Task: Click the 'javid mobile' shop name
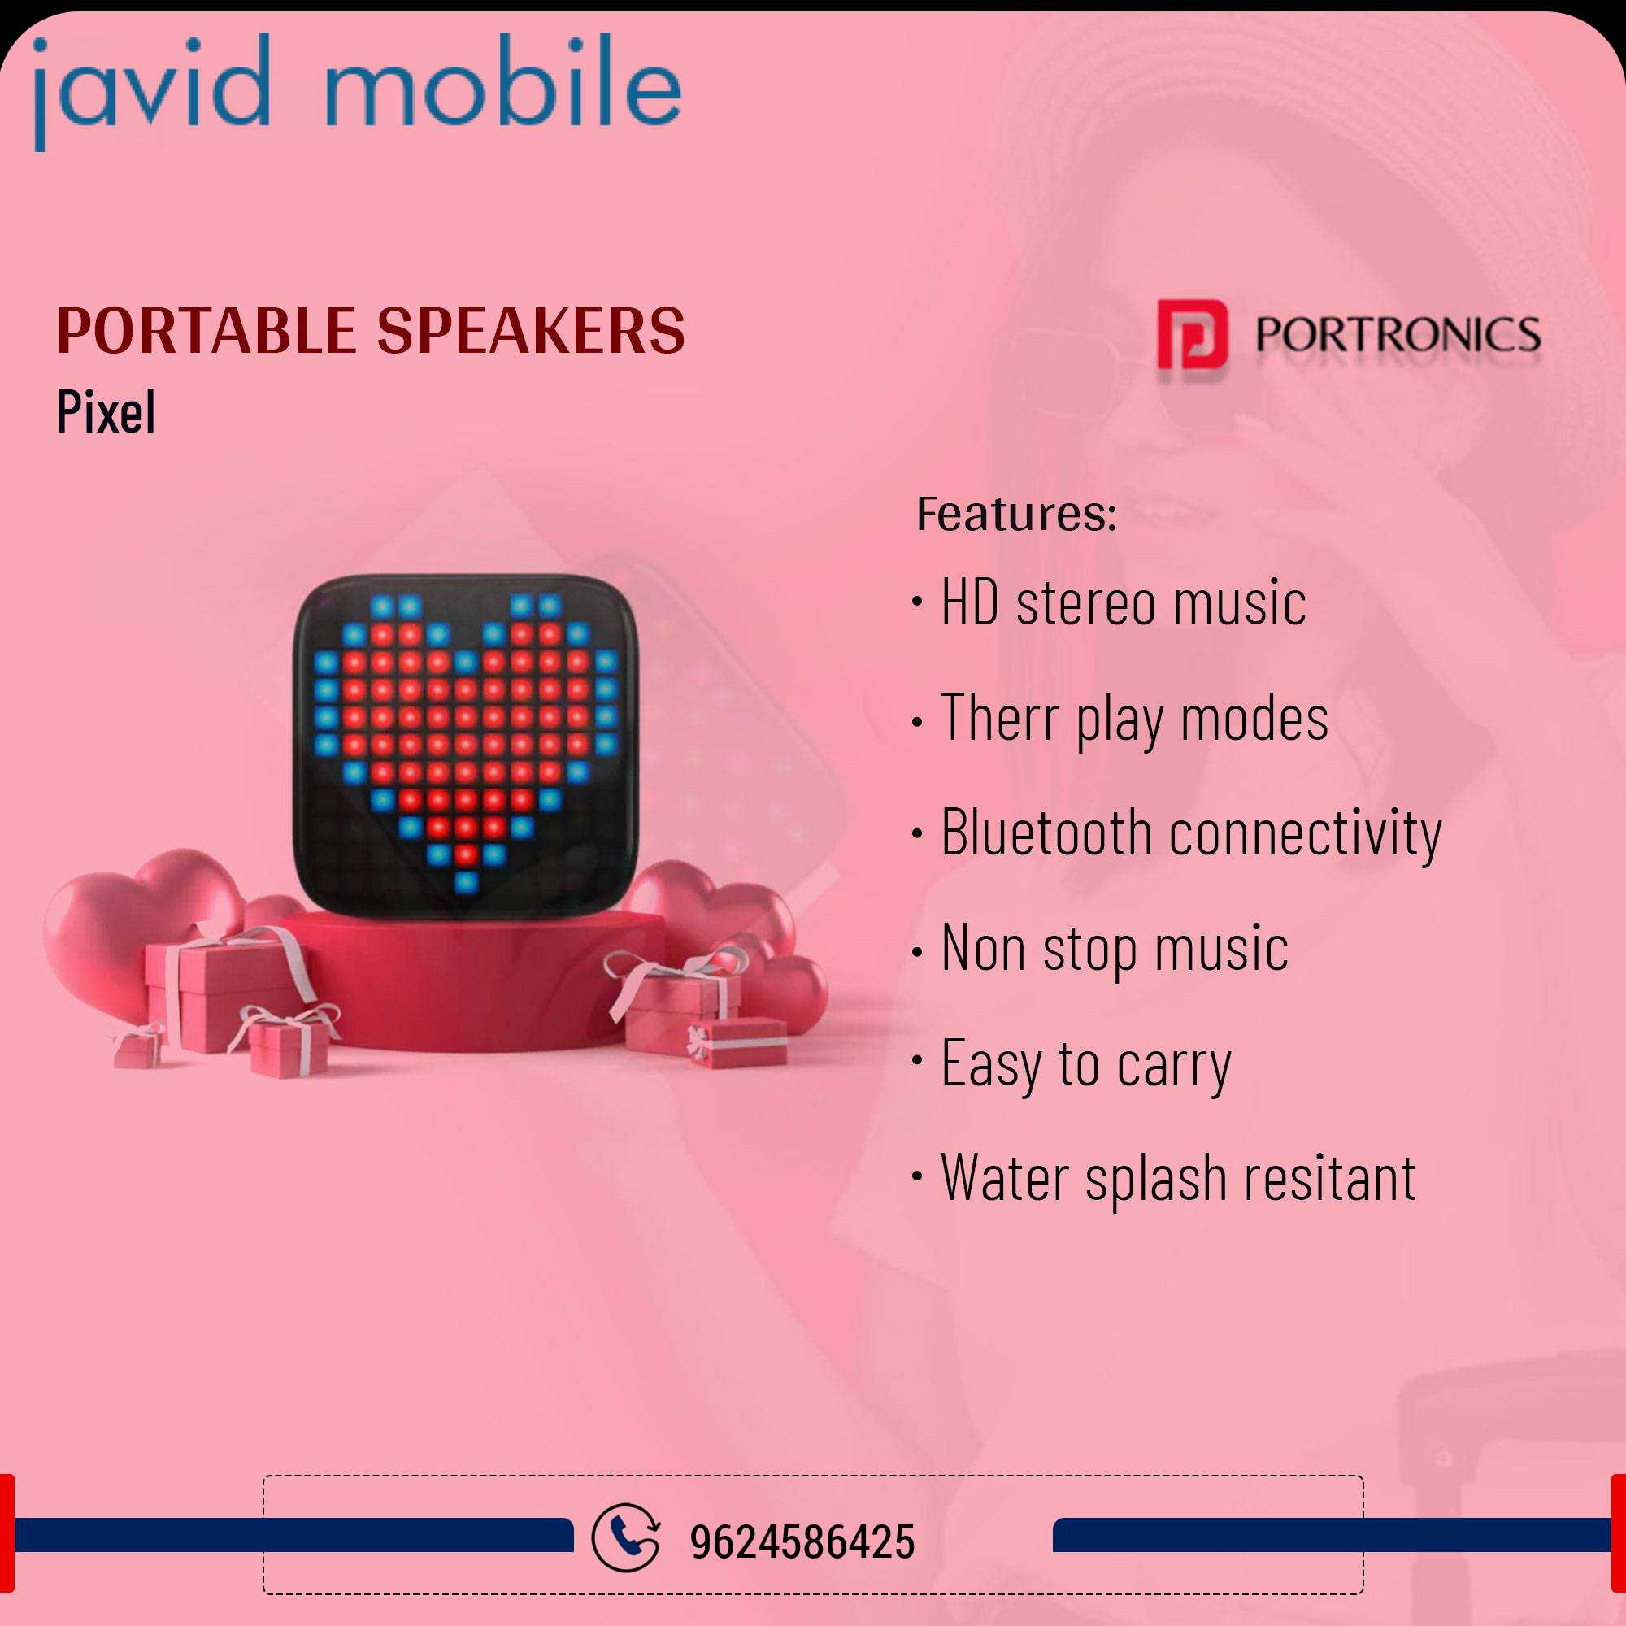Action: [357, 91]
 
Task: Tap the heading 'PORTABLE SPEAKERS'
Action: [372, 331]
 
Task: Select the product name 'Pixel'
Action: [106, 411]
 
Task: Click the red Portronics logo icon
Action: [1192, 335]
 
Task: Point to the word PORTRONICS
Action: [1398, 335]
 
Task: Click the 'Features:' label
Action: [1017, 515]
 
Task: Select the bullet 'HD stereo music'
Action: [1124, 602]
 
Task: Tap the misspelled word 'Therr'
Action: [1000, 717]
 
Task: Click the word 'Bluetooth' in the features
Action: [1046, 833]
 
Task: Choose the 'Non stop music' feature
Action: [1115, 949]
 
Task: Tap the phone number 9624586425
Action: [802, 1541]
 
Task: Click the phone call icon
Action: [626, 1537]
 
